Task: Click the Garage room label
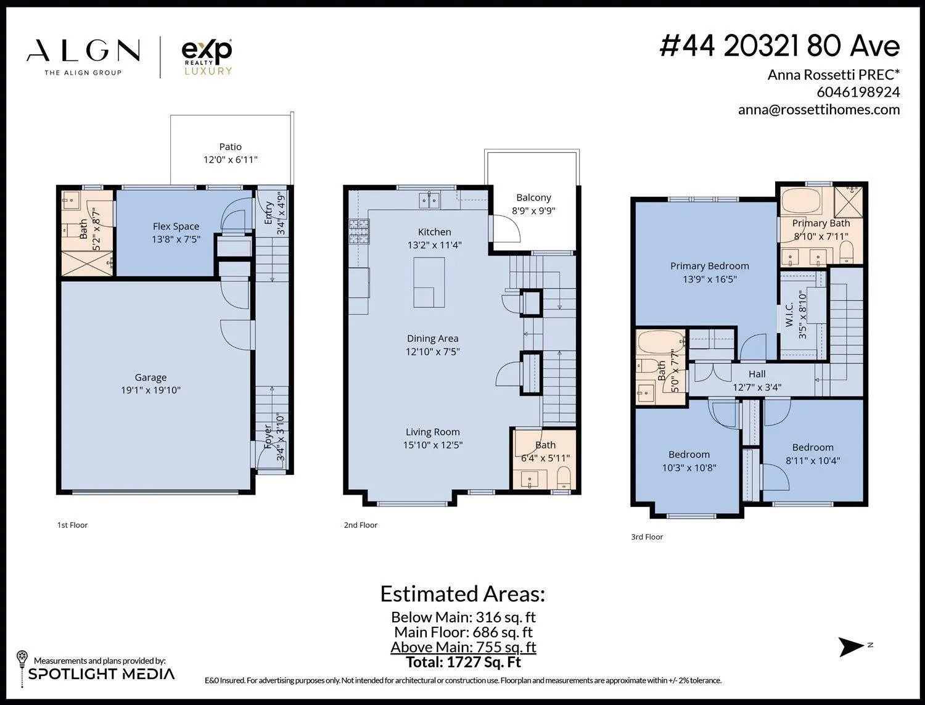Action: (150, 377)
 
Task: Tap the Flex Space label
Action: (176, 226)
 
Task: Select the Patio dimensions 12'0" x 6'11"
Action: (230, 160)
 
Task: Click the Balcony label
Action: (533, 197)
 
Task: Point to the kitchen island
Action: (429, 282)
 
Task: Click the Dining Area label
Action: (432, 339)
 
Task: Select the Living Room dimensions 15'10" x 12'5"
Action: (432, 445)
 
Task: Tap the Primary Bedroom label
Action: (710, 266)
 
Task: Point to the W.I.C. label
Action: (789, 315)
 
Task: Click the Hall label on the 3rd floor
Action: (757, 374)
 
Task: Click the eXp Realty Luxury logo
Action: (207, 57)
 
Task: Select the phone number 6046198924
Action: (858, 92)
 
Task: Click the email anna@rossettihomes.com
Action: (819, 110)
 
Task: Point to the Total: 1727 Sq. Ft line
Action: (463, 662)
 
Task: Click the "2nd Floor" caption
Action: (360, 525)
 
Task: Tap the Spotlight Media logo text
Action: (101, 674)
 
